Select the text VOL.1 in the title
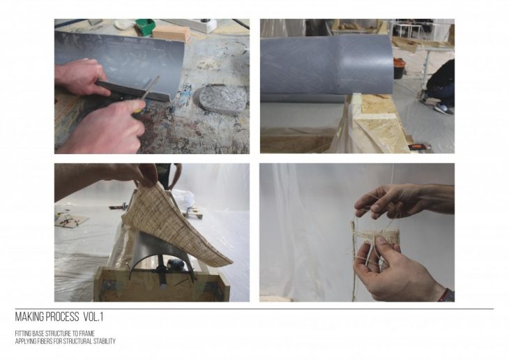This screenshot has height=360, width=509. (x=93, y=317)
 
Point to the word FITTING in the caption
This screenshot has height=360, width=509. (x=21, y=333)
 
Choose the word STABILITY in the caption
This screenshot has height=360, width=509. (x=104, y=341)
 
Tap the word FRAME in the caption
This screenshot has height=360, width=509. (x=87, y=333)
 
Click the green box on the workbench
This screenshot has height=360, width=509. (x=144, y=26)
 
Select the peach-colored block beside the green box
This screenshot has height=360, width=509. (x=171, y=33)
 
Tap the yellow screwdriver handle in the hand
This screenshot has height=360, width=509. (x=138, y=106)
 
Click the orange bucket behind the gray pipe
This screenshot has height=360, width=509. (x=399, y=68)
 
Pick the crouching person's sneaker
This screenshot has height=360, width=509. (x=443, y=110)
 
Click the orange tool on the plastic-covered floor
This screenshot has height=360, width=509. (x=419, y=147)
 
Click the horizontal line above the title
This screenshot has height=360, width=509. (x=254, y=309)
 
